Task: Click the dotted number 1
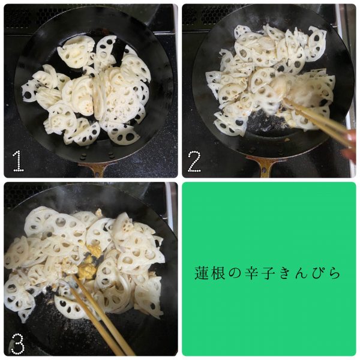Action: [x=19, y=161]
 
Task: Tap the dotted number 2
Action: [x=194, y=161]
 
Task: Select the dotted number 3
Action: [x=17, y=344]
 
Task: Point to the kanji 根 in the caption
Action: [x=218, y=273]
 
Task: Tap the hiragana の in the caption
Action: [x=235, y=273]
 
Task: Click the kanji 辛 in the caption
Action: [x=251, y=273]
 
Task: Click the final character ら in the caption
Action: [x=334, y=273]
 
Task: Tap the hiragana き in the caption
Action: [x=284, y=273]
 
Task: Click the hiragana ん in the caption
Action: [x=301, y=273]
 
